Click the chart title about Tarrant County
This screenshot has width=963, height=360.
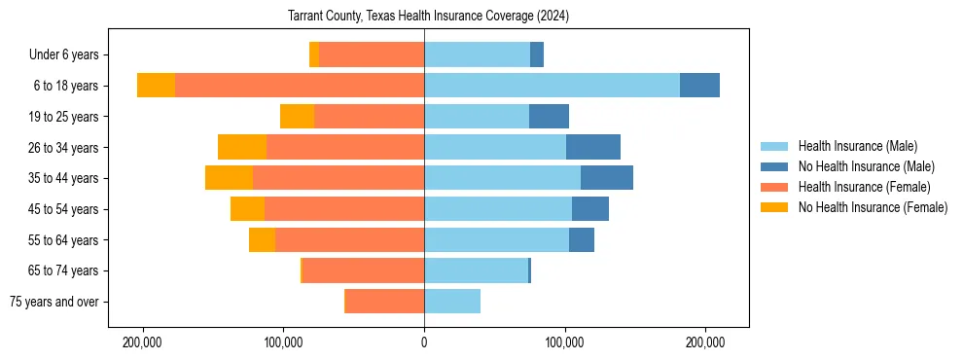tap(429, 17)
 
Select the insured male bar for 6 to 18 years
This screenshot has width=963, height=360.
tap(552, 86)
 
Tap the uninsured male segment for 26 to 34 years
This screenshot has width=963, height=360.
tap(593, 147)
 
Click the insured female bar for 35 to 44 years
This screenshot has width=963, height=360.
tap(339, 178)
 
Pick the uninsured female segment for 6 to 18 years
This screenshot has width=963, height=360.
tap(156, 86)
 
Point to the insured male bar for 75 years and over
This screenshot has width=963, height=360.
tap(452, 302)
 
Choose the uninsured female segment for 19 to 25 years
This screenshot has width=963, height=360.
tap(297, 117)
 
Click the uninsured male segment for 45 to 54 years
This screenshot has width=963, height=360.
tap(590, 209)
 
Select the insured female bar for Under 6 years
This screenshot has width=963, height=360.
tap(372, 54)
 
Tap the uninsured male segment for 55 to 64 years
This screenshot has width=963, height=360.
tap(582, 240)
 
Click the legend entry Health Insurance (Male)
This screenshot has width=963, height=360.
tap(857, 146)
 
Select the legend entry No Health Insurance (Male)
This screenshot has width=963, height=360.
tap(866, 166)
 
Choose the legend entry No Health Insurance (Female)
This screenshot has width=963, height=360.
tap(873, 207)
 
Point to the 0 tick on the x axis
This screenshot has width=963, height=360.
tap(424, 342)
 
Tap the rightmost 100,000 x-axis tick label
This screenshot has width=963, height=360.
tap(565, 342)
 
